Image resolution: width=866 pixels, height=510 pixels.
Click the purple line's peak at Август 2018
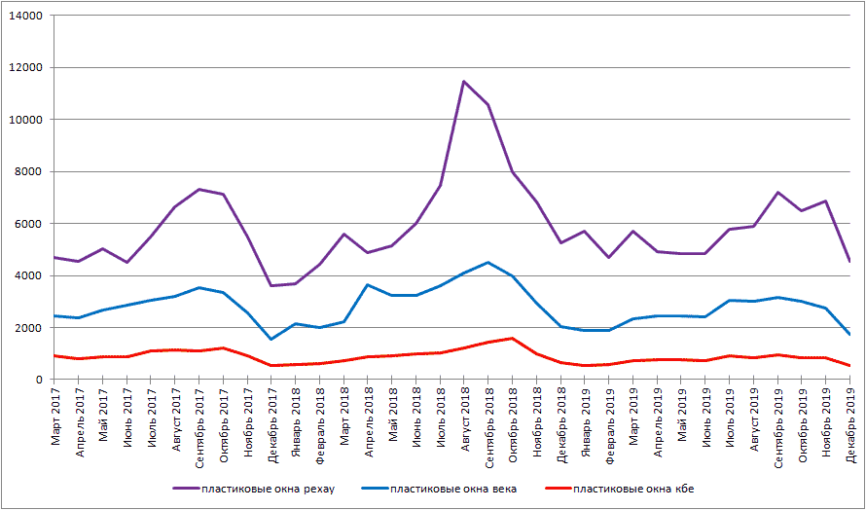point(464,82)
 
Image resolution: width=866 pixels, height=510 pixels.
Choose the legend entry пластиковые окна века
point(446,489)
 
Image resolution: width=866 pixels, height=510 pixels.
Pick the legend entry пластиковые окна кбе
point(633,489)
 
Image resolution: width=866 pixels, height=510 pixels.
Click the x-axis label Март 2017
point(54,419)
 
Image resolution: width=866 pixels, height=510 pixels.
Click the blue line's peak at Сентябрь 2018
point(488,262)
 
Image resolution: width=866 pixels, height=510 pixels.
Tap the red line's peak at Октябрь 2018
point(513,338)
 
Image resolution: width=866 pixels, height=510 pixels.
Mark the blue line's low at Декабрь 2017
point(271,339)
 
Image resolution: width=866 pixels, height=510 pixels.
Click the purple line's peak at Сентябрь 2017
point(199,189)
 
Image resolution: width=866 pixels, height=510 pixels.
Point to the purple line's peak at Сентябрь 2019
point(777,192)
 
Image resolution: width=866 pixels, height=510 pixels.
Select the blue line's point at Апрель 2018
point(368,284)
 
